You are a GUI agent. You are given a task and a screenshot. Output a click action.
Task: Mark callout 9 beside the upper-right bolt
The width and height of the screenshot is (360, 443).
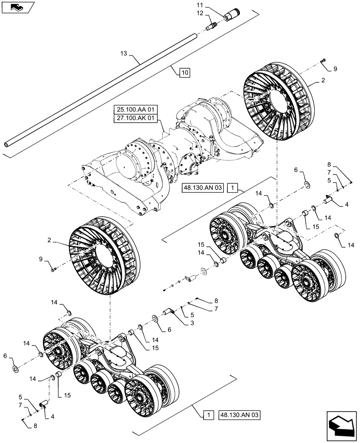pyautogui.click(x=335, y=69)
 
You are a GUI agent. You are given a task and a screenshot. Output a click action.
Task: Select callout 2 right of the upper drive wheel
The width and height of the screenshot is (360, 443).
pyautogui.click(x=323, y=82)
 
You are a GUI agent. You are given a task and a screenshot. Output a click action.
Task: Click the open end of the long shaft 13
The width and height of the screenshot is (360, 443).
pyautogui.click(x=7, y=145)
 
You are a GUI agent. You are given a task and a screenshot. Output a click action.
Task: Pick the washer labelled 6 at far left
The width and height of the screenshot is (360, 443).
pyautogui.click(x=16, y=369)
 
